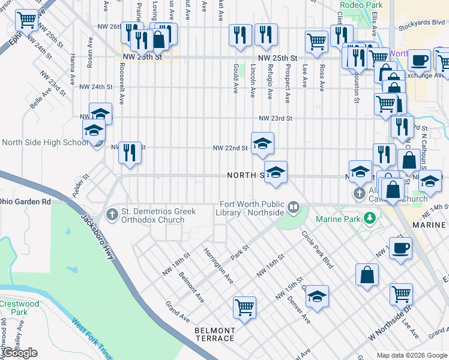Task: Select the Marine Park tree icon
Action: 371,217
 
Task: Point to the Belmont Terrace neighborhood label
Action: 214,334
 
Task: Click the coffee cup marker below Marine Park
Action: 401,247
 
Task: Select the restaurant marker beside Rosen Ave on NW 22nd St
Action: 130,152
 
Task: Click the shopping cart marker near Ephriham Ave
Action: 26,20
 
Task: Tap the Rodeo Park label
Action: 356,5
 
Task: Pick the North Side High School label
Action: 45,142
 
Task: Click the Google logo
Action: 20,353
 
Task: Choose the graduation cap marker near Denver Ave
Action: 318,295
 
